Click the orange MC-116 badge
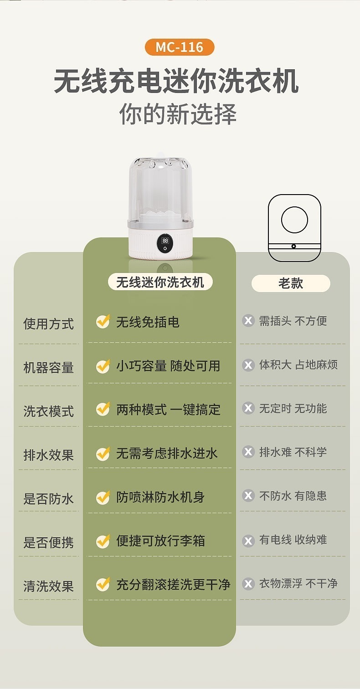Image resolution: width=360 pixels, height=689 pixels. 180,47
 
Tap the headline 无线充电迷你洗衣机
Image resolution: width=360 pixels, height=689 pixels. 176,81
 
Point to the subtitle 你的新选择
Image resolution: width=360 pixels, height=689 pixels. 178,114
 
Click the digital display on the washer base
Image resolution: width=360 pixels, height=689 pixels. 165,244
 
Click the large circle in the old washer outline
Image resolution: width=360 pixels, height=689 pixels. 294,220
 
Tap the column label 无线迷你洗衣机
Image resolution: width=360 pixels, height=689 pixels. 160,282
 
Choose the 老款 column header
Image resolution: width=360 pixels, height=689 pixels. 291,283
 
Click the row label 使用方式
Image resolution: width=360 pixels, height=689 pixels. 49,324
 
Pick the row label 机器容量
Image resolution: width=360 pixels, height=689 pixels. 49,368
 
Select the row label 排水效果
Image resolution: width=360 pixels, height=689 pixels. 49,455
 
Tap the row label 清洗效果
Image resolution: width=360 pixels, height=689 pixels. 49,586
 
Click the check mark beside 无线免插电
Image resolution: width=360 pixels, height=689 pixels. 103,322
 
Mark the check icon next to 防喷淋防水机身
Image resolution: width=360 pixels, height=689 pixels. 103,497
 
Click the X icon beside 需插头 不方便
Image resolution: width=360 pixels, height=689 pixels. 248,320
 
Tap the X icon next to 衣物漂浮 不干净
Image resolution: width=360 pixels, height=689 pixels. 248,583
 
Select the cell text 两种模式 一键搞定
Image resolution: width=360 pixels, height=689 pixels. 168,409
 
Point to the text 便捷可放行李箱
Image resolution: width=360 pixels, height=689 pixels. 160,540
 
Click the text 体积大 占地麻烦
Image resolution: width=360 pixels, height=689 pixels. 298,365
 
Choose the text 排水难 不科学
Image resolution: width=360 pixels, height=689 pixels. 293,452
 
